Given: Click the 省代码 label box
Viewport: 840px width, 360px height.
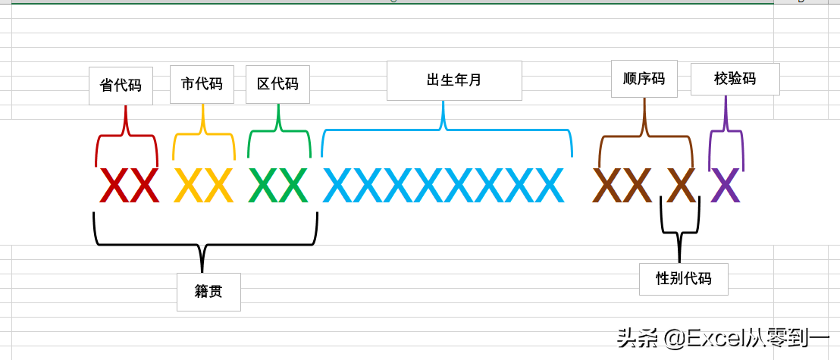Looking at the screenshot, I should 121,86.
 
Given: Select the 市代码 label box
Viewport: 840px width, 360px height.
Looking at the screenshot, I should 202,84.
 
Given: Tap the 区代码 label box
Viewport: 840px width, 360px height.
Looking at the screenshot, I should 277,84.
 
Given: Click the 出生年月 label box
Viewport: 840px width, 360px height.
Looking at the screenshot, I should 454,80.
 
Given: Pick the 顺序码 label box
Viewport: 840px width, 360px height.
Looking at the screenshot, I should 644,79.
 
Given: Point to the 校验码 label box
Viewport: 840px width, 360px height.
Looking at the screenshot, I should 735,79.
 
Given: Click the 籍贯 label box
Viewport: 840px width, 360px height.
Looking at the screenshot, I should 208,292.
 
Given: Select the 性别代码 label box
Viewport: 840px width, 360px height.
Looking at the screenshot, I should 683,279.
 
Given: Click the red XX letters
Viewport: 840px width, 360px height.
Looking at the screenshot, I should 129,186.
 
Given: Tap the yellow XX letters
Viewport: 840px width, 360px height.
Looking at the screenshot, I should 203,186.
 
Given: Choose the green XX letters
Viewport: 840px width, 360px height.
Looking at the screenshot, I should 277,186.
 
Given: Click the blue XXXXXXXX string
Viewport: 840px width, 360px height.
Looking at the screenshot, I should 444,186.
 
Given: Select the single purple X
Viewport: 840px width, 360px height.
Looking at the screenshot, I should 725,186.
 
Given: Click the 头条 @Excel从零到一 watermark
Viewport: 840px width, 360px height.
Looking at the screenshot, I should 723,337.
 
